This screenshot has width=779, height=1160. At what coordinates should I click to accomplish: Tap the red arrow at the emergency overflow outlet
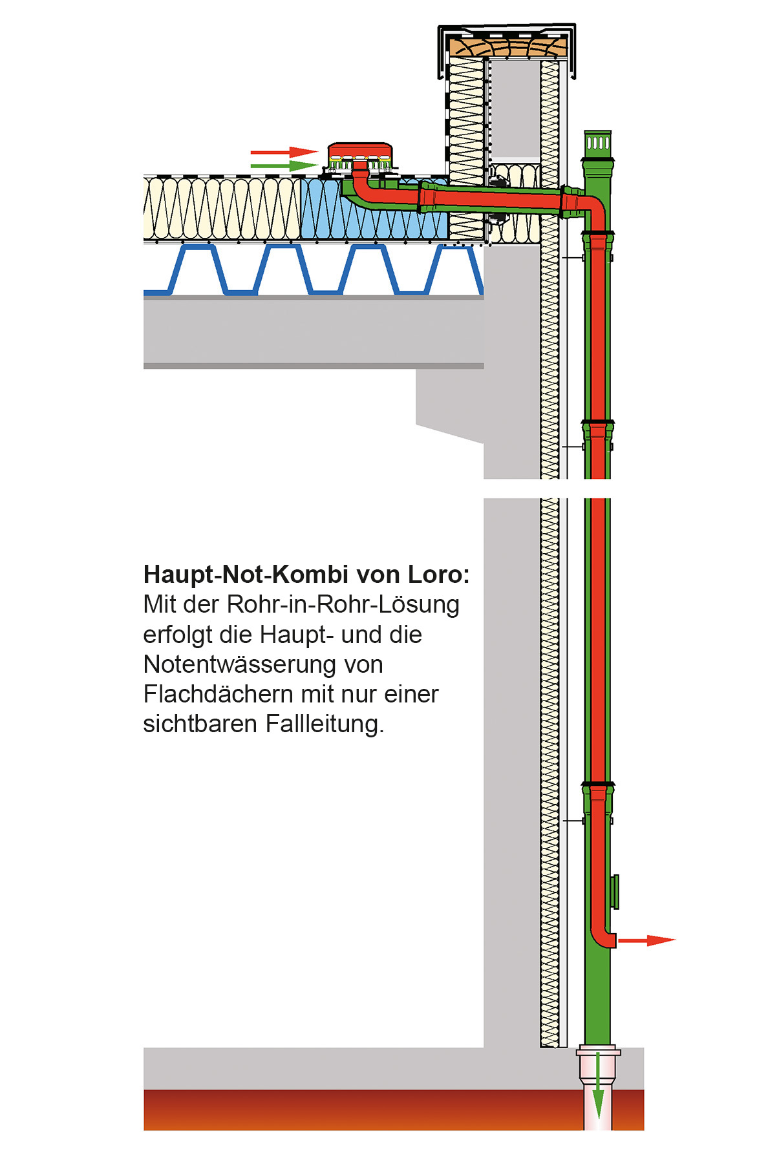click(x=646, y=940)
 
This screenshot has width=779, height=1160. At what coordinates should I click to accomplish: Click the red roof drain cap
click(x=360, y=151)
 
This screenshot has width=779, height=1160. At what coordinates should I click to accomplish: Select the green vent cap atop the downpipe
click(x=597, y=143)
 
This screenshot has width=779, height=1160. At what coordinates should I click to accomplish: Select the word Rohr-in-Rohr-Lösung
click(x=343, y=605)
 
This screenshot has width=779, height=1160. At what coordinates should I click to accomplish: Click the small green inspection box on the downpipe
click(x=615, y=892)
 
